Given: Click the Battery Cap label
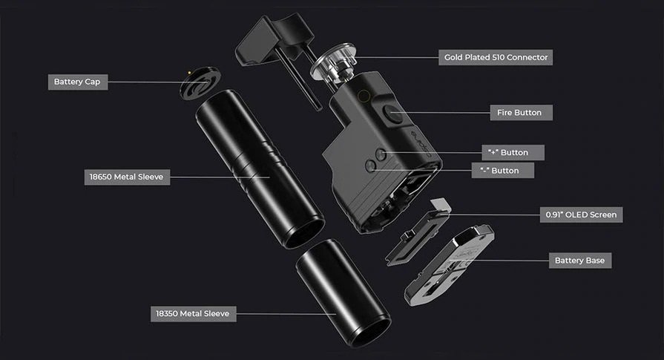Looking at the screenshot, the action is (x=78, y=82).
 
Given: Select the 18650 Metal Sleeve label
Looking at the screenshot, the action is (x=127, y=177).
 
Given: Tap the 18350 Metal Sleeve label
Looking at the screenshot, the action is (x=193, y=314).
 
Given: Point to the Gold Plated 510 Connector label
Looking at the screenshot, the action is (x=496, y=57).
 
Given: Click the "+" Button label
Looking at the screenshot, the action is (x=513, y=152).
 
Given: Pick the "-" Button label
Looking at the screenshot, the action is (x=503, y=171).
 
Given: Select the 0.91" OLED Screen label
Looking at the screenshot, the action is (x=581, y=215).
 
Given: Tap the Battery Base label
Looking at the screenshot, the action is (x=580, y=261).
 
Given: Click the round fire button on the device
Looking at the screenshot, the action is (x=392, y=114).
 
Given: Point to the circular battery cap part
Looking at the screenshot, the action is (x=200, y=82).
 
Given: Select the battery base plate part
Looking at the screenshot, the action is (x=450, y=265).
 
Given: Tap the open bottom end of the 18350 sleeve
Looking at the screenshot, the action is (x=369, y=332).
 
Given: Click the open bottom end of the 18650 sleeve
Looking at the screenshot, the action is (x=304, y=232).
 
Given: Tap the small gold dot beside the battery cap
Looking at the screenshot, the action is (x=189, y=73).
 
